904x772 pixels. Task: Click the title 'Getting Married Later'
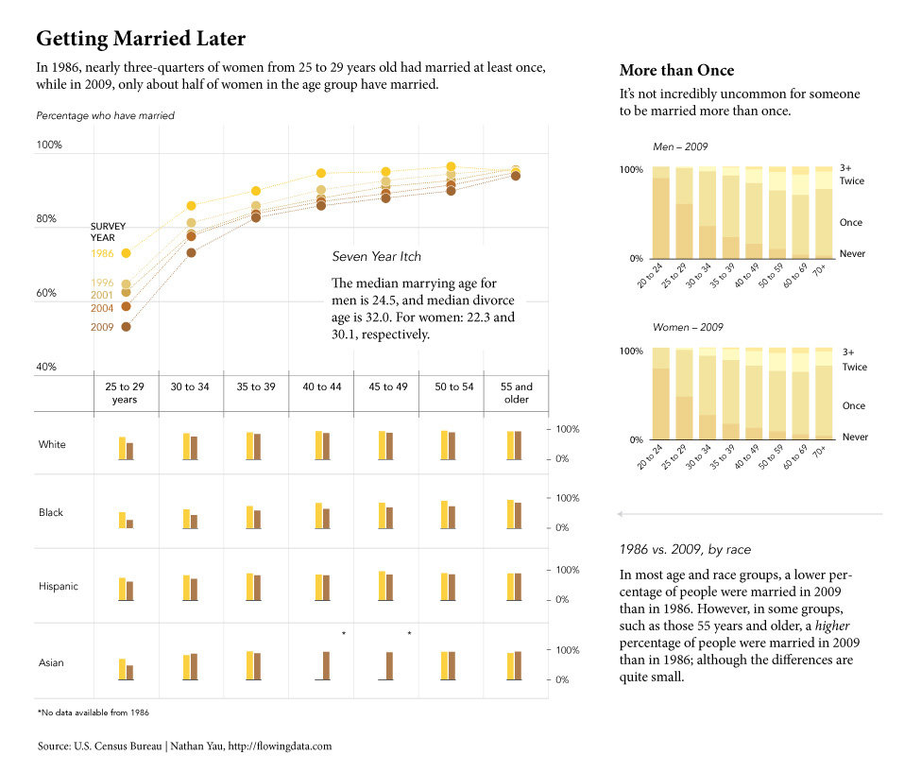[140, 39]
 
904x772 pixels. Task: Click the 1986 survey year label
[102, 253]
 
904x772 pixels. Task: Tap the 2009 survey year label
[102, 327]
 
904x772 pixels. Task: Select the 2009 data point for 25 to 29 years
[126, 327]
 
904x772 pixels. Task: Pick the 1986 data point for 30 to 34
[191, 205]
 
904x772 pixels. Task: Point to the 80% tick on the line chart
[47, 219]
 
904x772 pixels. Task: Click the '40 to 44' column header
[321, 386]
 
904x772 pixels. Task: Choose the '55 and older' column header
[517, 392]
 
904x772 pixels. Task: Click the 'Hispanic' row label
[58, 586]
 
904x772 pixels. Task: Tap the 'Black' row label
[51, 512]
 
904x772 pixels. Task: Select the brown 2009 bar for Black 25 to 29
[129, 523]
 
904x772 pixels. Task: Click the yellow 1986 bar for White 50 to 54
[444, 445]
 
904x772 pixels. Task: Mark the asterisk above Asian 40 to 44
[344, 633]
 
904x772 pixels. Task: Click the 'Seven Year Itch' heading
[376, 256]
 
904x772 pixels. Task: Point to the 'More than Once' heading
[676, 71]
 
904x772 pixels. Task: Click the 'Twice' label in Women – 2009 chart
[854, 367]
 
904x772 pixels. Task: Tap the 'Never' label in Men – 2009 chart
[852, 253]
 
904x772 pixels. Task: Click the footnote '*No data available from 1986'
[93, 711]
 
